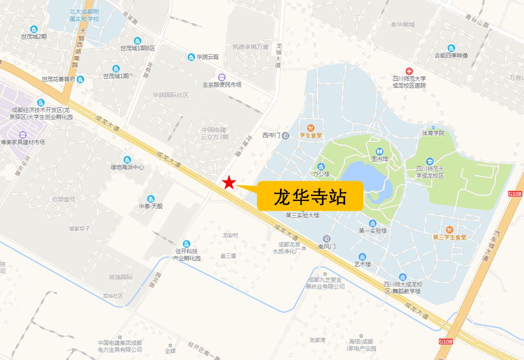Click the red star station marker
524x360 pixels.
(x=229, y=183)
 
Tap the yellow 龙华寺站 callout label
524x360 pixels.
(x=310, y=196)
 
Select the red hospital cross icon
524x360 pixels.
(x=409, y=71)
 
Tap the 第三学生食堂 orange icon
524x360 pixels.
(x=449, y=229)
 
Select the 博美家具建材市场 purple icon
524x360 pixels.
(x=22, y=134)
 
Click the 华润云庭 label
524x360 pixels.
(x=207, y=57)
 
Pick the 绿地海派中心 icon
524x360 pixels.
(x=127, y=159)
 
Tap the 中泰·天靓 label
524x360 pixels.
(x=151, y=206)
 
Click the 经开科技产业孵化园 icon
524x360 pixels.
(x=186, y=243)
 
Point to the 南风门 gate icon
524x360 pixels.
(x=326, y=238)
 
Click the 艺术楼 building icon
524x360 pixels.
(x=362, y=256)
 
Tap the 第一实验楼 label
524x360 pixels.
(x=373, y=230)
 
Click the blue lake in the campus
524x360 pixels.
(x=365, y=178)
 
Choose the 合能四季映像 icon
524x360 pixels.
(x=451, y=48)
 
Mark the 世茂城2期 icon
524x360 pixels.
(x=34, y=29)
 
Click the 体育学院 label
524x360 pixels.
(x=433, y=133)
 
